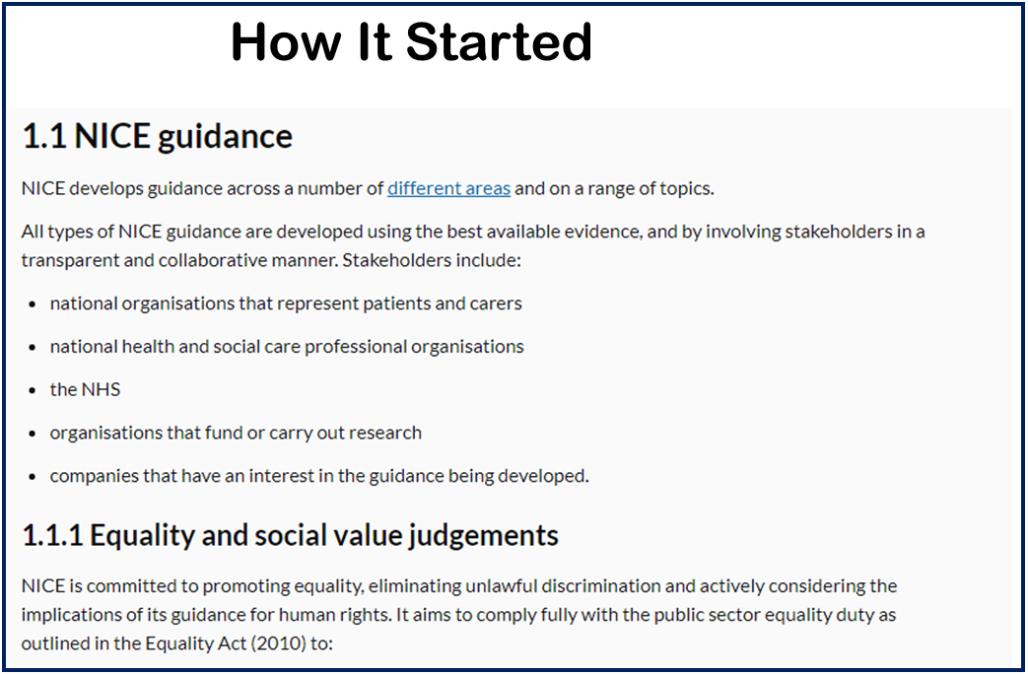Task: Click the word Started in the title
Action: tap(499, 42)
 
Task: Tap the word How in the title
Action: tap(286, 42)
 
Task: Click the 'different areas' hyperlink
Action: tap(449, 189)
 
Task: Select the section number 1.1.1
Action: tap(52, 535)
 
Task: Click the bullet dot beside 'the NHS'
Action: tap(33, 390)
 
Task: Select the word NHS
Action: tap(102, 390)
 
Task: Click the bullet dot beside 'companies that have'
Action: tap(33, 476)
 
